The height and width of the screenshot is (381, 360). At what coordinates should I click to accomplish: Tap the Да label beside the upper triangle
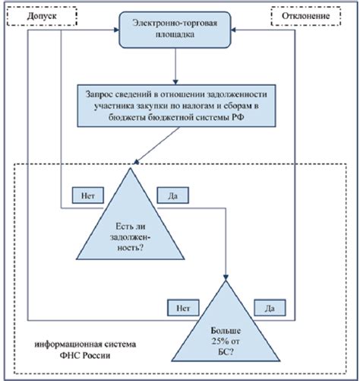point(172,195)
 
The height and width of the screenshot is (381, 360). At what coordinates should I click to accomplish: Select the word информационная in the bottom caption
point(68,343)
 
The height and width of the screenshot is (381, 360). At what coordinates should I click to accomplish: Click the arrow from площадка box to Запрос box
point(176,69)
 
